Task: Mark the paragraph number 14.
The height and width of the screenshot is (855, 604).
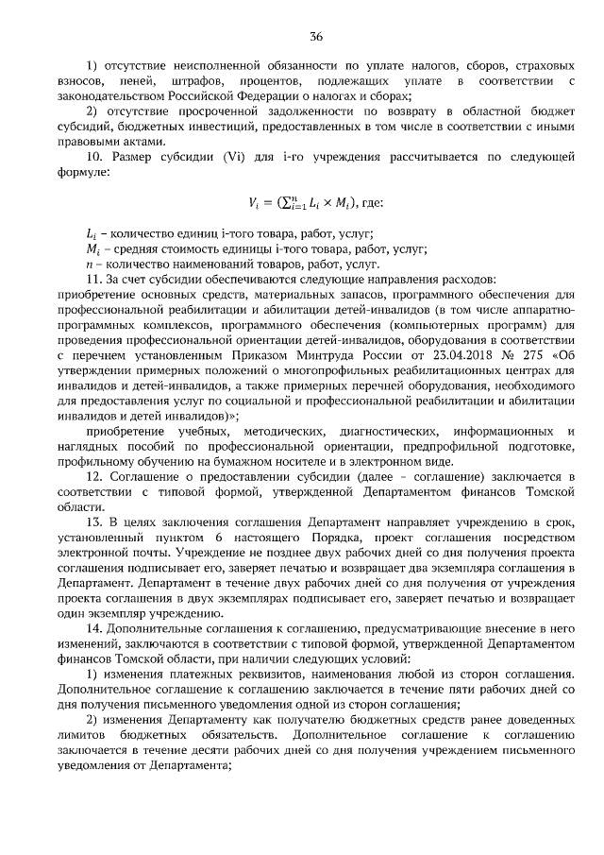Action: click(92, 627)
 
